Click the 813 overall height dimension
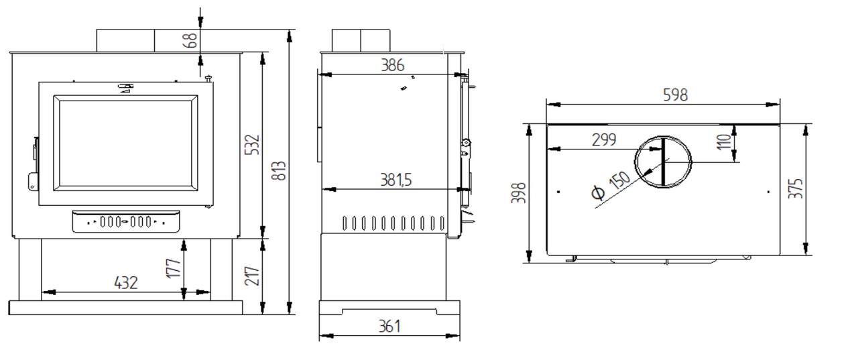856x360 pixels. (x=280, y=171)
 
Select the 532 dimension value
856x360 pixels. (x=252, y=144)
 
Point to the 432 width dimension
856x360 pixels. (x=126, y=283)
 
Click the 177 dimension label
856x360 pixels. (x=174, y=268)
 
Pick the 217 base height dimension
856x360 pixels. (x=252, y=276)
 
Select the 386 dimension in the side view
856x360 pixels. (x=392, y=65)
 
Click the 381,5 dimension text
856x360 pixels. (x=396, y=180)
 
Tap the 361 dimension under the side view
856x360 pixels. (x=389, y=326)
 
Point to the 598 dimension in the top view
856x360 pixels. (x=675, y=95)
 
